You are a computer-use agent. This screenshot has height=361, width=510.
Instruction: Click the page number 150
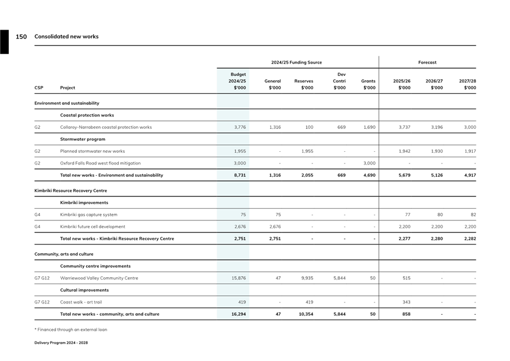pyautogui.click(x=21, y=36)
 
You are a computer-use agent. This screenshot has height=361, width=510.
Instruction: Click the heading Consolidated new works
pyautogui.click(x=66, y=36)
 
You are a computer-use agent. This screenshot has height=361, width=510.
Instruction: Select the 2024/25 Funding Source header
pyautogui.click(x=296, y=62)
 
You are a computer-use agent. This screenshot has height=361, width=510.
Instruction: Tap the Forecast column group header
pyautogui.click(x=427, y=62)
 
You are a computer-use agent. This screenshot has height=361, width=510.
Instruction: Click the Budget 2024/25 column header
pyautogui.click(x=238, y=81)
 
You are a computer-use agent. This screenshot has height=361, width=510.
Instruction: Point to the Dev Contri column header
pyautogui.click(x=339, y=81)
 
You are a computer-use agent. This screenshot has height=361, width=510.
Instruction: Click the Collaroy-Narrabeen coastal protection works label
pyautogui.click(x=106, y=127)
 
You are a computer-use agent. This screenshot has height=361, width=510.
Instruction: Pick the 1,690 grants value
pyautogui.click(x=369, y=127)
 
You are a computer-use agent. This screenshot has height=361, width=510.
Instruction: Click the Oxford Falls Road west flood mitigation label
pyautogui.click(x=100, y=163)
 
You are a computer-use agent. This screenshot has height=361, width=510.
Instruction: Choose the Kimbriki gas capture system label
pyautogui.click(x=89, y=215)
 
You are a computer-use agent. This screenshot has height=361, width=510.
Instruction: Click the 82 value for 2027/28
pyautogui.click(x=473, y=215)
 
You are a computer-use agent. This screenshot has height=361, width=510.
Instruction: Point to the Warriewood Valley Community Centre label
pyautogui.click(x=99, y=278)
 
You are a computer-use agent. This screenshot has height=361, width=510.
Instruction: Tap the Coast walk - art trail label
pyautogui.click(x=81, y=302)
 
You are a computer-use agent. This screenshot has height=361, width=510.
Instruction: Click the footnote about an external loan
pyautogui.click(x=71, y=330)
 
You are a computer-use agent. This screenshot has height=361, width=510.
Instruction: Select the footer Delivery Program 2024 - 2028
pyautogui.click(x=61, y=343)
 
